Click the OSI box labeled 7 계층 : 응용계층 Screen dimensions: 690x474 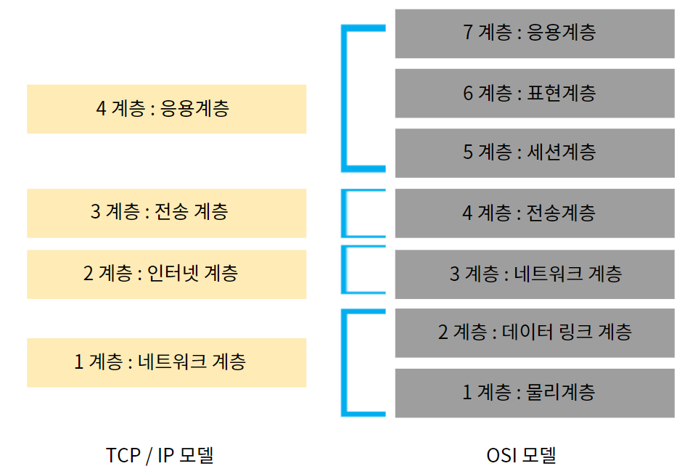(x=535, y=33)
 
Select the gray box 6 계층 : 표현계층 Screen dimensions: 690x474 (x=535, y=93)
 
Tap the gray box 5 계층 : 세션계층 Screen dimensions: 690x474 (x=535, y=152)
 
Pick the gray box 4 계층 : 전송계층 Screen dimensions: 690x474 (x=535, y=213)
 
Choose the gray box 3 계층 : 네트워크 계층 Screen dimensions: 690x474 (x=535, y=274)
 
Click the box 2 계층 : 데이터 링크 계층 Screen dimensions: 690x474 (x=535, y=332)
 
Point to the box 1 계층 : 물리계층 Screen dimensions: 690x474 (x=535, y=393)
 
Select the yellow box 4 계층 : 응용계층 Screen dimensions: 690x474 (x=166, y=109)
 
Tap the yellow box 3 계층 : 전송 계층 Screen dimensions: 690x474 (x=166, y=213)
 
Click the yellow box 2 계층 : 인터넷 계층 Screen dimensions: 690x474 (x=166, y=274)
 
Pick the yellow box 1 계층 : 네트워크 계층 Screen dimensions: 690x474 (x=166, y=361)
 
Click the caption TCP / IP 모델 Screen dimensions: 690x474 (x=160, y=455)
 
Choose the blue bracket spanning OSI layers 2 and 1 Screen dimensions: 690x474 (x=345, y=363)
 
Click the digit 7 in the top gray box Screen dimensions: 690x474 (x=468, y=33)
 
